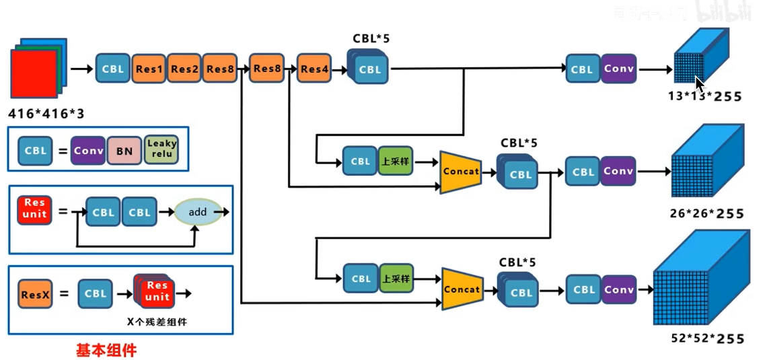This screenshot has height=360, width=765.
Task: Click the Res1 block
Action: coord(149,69)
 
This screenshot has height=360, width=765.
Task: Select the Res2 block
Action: coord(184,69)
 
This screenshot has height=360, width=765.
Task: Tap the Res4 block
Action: coord(314,69)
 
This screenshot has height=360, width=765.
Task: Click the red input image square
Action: coord(34,74)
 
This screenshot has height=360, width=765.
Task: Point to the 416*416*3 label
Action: coord(48,114)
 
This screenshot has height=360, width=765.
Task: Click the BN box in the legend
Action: coord(124,151)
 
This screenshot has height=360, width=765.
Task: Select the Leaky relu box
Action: coord(161,148)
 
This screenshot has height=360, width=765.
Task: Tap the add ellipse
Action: coord(197,211)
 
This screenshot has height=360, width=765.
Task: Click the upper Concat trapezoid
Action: coord(461,172)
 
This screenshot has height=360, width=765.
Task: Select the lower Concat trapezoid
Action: coord(462,289)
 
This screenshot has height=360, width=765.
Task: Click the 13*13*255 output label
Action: coord(704,96)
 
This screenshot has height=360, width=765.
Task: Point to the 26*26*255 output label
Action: coord(707,214)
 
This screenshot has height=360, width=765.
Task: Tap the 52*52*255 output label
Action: coord(708,338)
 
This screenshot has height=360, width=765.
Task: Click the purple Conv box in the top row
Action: coord(619,69)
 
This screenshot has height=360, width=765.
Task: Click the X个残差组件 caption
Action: coord(157,322)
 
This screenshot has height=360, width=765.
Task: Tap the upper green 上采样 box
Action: coord(396,161)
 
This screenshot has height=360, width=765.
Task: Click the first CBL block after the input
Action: coord(113,69)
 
